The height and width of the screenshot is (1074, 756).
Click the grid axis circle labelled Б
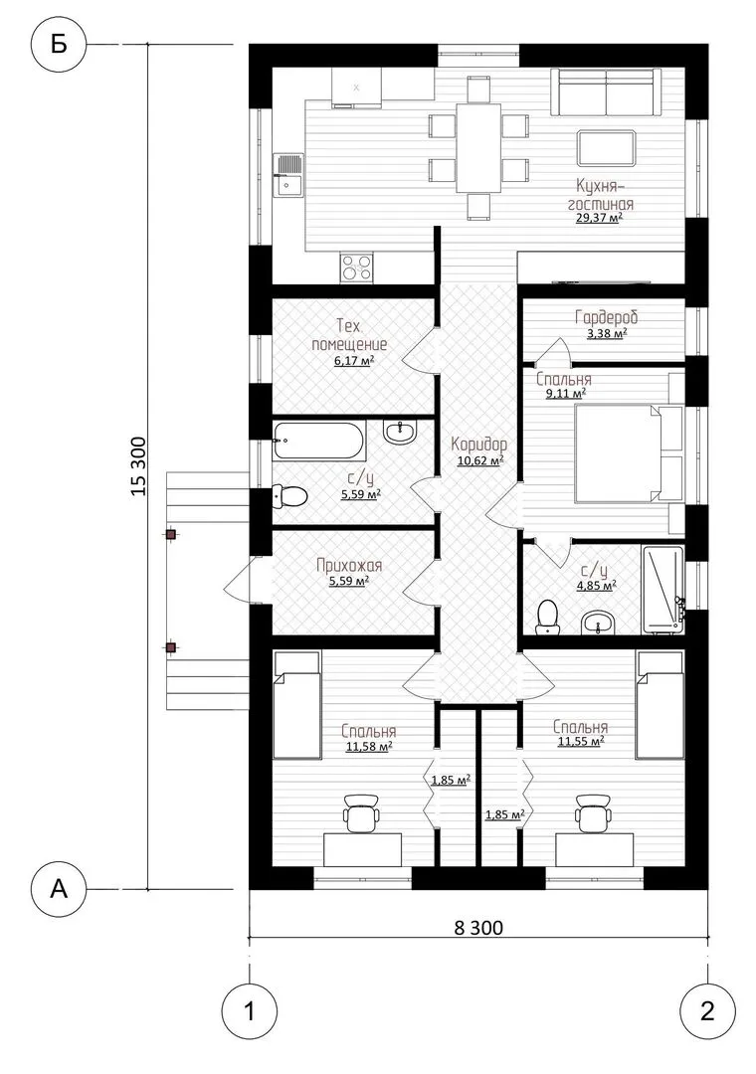coord(60,45)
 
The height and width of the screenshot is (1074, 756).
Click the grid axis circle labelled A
coord(60,889)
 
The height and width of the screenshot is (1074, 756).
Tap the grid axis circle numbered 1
coord(250,1011)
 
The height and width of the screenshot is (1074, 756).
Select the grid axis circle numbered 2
coord(707,1011)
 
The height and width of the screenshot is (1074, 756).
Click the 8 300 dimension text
coord(478,928)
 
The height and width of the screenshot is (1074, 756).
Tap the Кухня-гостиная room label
coord(599,195)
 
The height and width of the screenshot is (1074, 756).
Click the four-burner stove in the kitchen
coord(356,268)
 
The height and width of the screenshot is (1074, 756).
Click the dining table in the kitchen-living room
coord(478,148)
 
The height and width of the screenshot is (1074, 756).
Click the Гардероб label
coord(607,318)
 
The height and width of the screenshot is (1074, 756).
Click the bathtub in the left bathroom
coord(318,442)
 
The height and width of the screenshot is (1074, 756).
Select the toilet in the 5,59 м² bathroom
coord(289,496)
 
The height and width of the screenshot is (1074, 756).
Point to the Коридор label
coord(479,444)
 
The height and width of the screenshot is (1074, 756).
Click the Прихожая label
coord(349,566)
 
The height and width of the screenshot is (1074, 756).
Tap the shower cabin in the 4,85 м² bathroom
coord(662,589)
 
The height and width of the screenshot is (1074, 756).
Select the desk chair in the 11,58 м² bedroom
coord(360,813)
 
